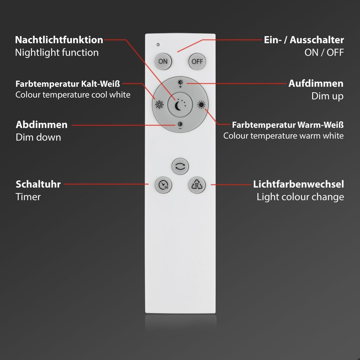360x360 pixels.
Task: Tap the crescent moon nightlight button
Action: [180, 104]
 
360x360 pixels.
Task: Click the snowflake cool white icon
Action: [160, 104]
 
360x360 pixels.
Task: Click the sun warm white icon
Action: [201, 104]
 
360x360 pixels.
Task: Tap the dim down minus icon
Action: [180, 125]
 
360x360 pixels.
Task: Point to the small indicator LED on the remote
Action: [158, 45]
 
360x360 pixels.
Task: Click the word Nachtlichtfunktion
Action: [59, 40]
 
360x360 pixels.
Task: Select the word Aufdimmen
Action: [316, 84]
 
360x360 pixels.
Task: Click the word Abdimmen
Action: [41, 125]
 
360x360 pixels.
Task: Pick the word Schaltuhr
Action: [38, 184]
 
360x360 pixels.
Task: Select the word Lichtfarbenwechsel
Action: [298, 184]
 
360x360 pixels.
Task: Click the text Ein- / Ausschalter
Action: [304, 40]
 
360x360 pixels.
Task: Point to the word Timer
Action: [28, 197]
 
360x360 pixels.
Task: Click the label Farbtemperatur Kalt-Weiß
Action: [68, 84]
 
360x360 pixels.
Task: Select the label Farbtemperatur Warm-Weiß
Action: [288, 125]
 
